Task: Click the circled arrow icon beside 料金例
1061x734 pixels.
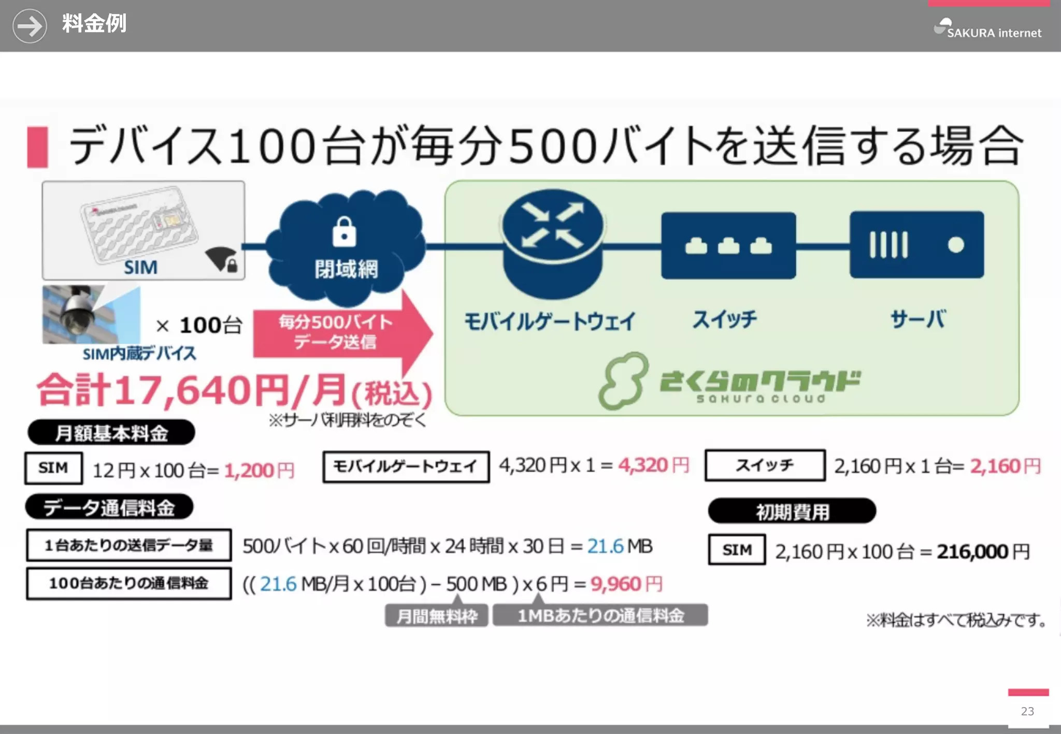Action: point(30,26)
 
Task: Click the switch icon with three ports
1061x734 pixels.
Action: point(728,245)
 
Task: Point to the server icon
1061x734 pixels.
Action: point(916,244)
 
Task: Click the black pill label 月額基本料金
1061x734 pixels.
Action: point(111,433)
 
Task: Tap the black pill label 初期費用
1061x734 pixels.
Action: point(792,511)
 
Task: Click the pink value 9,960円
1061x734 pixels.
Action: point(626,584)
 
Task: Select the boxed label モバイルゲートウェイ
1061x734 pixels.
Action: point(406,467)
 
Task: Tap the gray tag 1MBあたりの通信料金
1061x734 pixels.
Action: point(600,615)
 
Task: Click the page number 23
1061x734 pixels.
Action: point(1027,711)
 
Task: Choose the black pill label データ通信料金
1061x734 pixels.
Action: point(109,507)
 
